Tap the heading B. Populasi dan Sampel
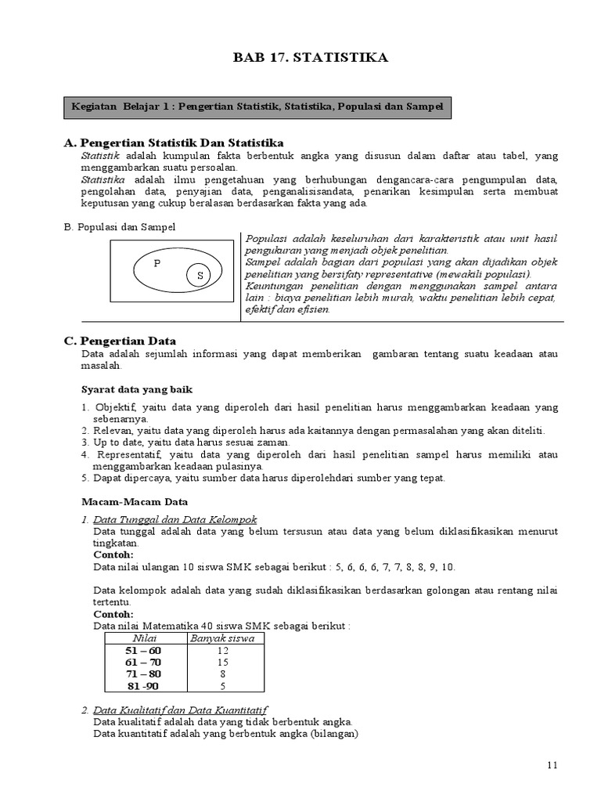point(119,226)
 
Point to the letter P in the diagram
point(157,264)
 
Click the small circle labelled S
point(200,276)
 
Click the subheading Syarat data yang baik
point(137,389)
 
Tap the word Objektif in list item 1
point(115,407)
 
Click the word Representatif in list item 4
point(128,454)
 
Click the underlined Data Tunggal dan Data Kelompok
point(175,519)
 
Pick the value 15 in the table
point(222,662)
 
